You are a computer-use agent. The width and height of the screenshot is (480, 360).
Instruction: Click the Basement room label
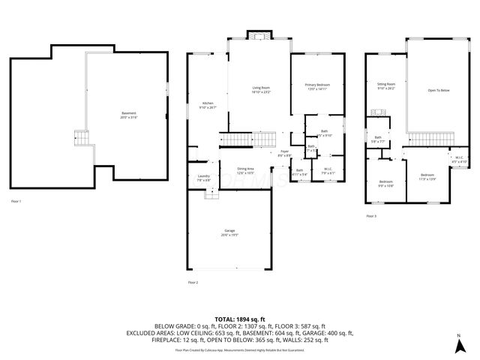point(130,115)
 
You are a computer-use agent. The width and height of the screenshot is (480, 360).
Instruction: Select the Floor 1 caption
point(16,202)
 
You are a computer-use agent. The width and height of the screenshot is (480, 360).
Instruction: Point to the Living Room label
point(261,90)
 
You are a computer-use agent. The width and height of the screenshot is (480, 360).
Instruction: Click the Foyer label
point(284,153)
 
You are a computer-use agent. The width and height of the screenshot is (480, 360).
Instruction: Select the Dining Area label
point(245,171)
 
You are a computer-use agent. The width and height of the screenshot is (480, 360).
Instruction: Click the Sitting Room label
point(385,86)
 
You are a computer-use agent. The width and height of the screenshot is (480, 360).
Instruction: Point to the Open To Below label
point(439,90)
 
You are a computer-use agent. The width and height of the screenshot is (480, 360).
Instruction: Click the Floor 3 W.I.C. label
point(459,160)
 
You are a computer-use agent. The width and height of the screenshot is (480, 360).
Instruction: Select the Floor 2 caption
point(193,282)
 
